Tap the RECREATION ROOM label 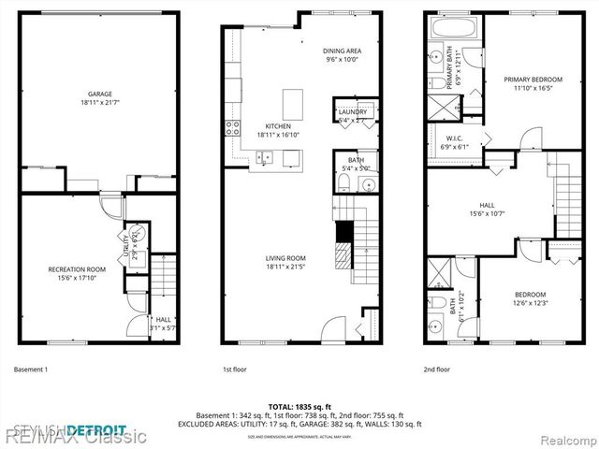pos(77,269)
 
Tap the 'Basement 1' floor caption pos(31,369)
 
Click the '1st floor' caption pos(234,369)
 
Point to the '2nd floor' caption pos(436,369)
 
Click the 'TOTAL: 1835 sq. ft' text pos(299,406)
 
